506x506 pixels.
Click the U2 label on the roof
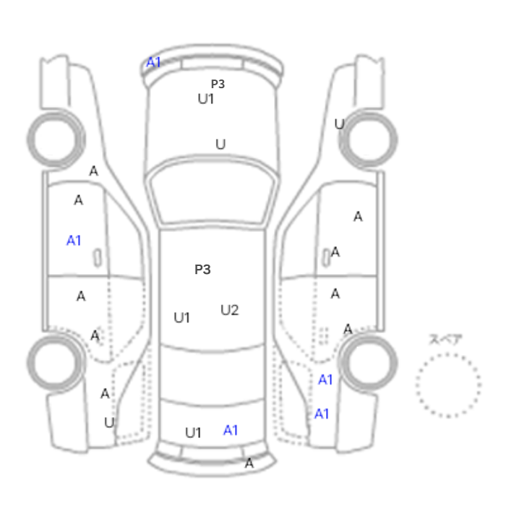pyautogui.click(x=229, y=310)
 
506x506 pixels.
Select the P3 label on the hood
pyautogui.click(x=218, y=84)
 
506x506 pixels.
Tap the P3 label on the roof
pyautogui.click(x=202, y=270)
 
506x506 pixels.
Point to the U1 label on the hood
pyautogui.click(x=206, y=99)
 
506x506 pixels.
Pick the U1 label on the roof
pyautogui.click(x=181, y=318)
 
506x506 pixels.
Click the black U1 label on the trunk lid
pyautogui.click(x=193, y=432)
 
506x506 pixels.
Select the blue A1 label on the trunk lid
pyautogui.click(x=231, y=430)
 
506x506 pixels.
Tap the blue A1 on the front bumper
pyautogui.click(x=153, y=62)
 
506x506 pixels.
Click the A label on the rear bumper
pyautogui.click(x=249, y=463)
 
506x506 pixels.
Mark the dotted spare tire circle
pyautogui.click(x=448, y=354)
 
